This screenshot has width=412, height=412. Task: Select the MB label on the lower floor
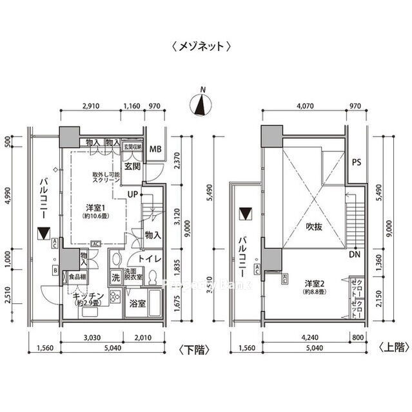155,150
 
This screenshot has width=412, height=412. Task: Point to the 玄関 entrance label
132,167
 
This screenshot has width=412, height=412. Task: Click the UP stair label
132,194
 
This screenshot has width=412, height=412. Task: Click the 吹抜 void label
313,228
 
